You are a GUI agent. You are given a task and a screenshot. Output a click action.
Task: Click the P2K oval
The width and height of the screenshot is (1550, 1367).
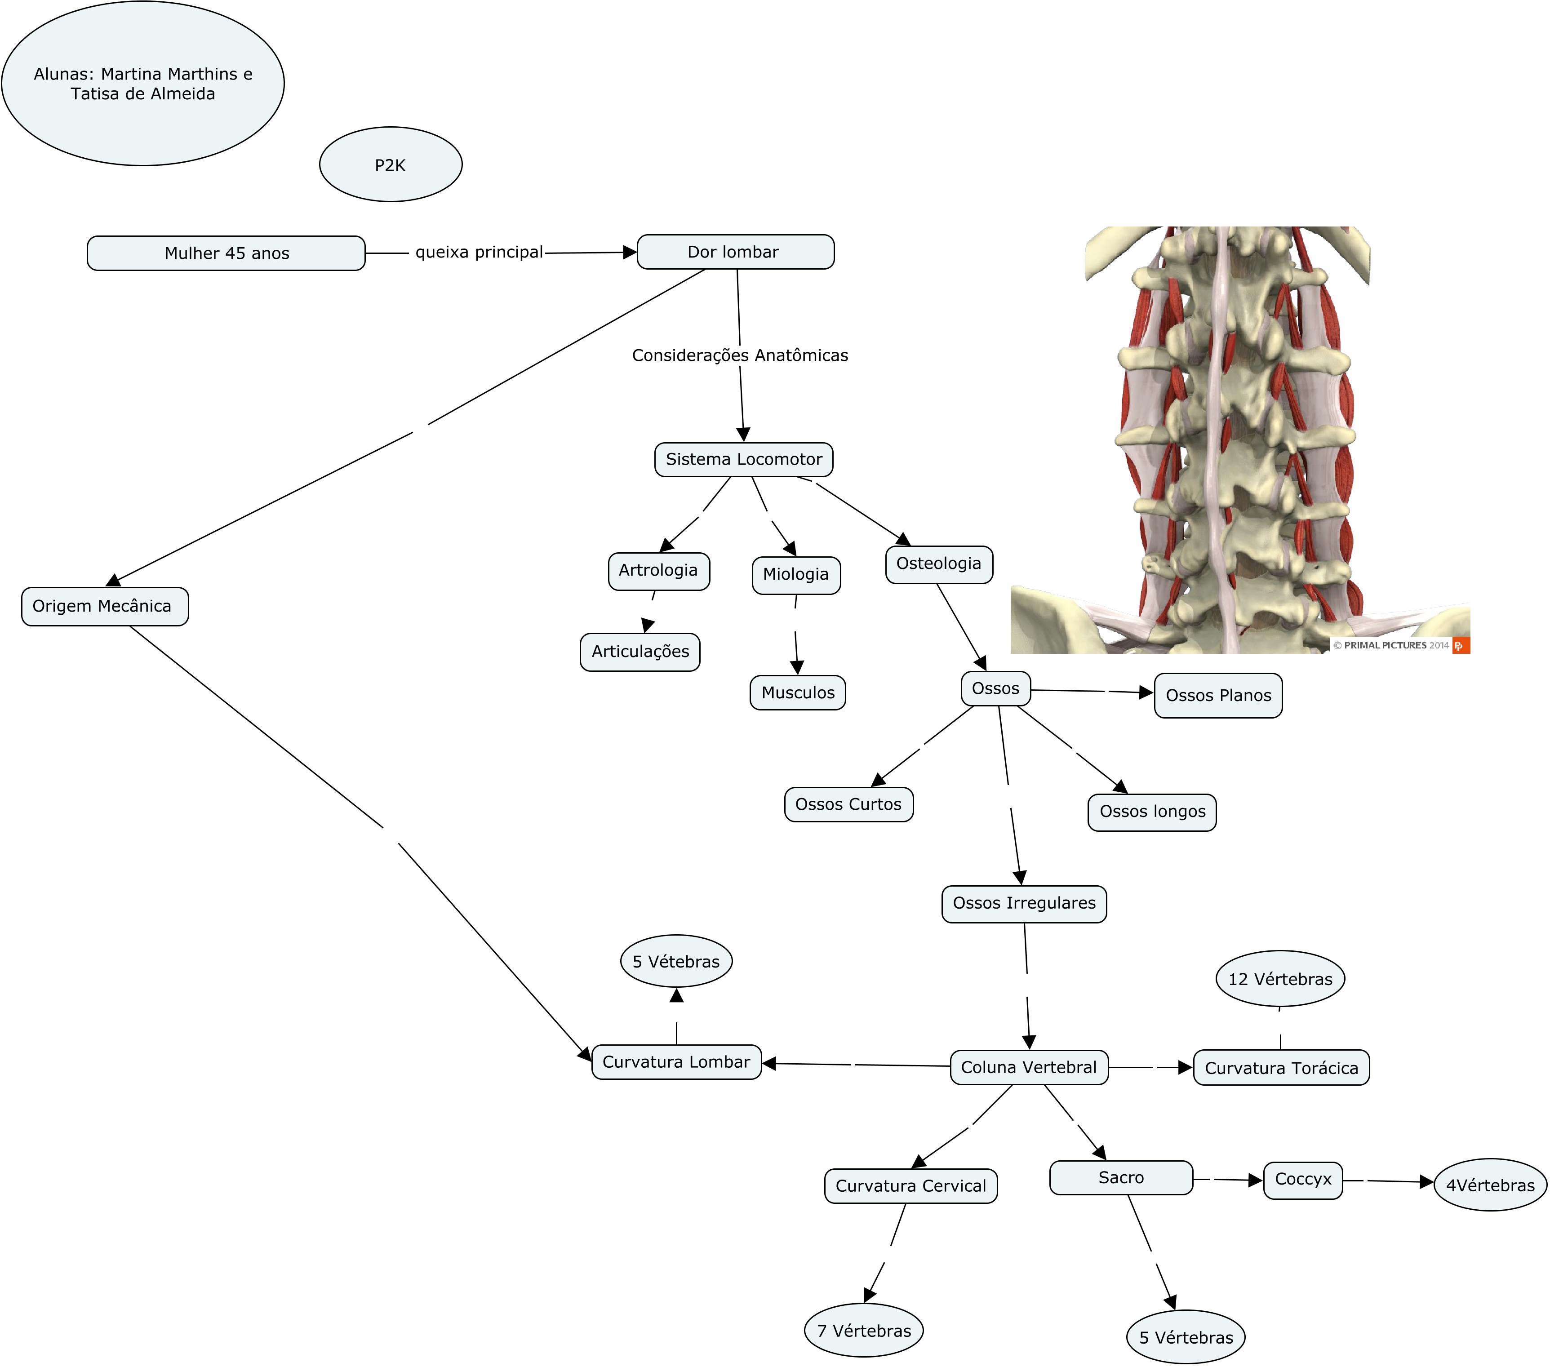(x=391, y=164)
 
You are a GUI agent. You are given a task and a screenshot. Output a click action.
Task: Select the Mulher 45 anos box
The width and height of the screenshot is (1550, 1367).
(x=226, y=253)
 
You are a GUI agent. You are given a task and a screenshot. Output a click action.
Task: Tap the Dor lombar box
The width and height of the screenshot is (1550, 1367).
(x=735, y=252)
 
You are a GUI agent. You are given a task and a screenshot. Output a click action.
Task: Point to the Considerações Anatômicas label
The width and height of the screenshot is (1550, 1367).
(x=739, y=355)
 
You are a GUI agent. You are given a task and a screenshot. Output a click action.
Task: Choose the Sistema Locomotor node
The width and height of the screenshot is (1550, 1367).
(x=743, y=459)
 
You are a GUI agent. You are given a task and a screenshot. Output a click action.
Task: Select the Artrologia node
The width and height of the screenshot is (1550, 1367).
(x=658, y=571)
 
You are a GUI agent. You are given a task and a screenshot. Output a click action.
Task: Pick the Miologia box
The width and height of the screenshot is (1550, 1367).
(x=795, y=575)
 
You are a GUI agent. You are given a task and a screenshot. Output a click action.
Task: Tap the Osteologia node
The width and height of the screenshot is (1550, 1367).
(x=938, y=564)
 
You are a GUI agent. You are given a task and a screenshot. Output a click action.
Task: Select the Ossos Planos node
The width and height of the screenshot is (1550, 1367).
(x=1218, y=695)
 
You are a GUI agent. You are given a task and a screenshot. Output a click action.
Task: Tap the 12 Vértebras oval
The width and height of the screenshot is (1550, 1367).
(x=1280, y=979)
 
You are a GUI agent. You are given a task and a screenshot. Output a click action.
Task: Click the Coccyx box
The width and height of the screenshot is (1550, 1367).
(x=1303, y=1180)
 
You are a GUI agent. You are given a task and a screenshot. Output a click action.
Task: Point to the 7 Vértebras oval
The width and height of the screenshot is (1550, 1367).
(x=864, y=1331)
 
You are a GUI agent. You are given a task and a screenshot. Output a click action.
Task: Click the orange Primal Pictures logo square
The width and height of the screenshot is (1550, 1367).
(x=1461, y=646)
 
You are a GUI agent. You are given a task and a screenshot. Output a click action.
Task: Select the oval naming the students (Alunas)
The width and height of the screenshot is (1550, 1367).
(x=142, y=84)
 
